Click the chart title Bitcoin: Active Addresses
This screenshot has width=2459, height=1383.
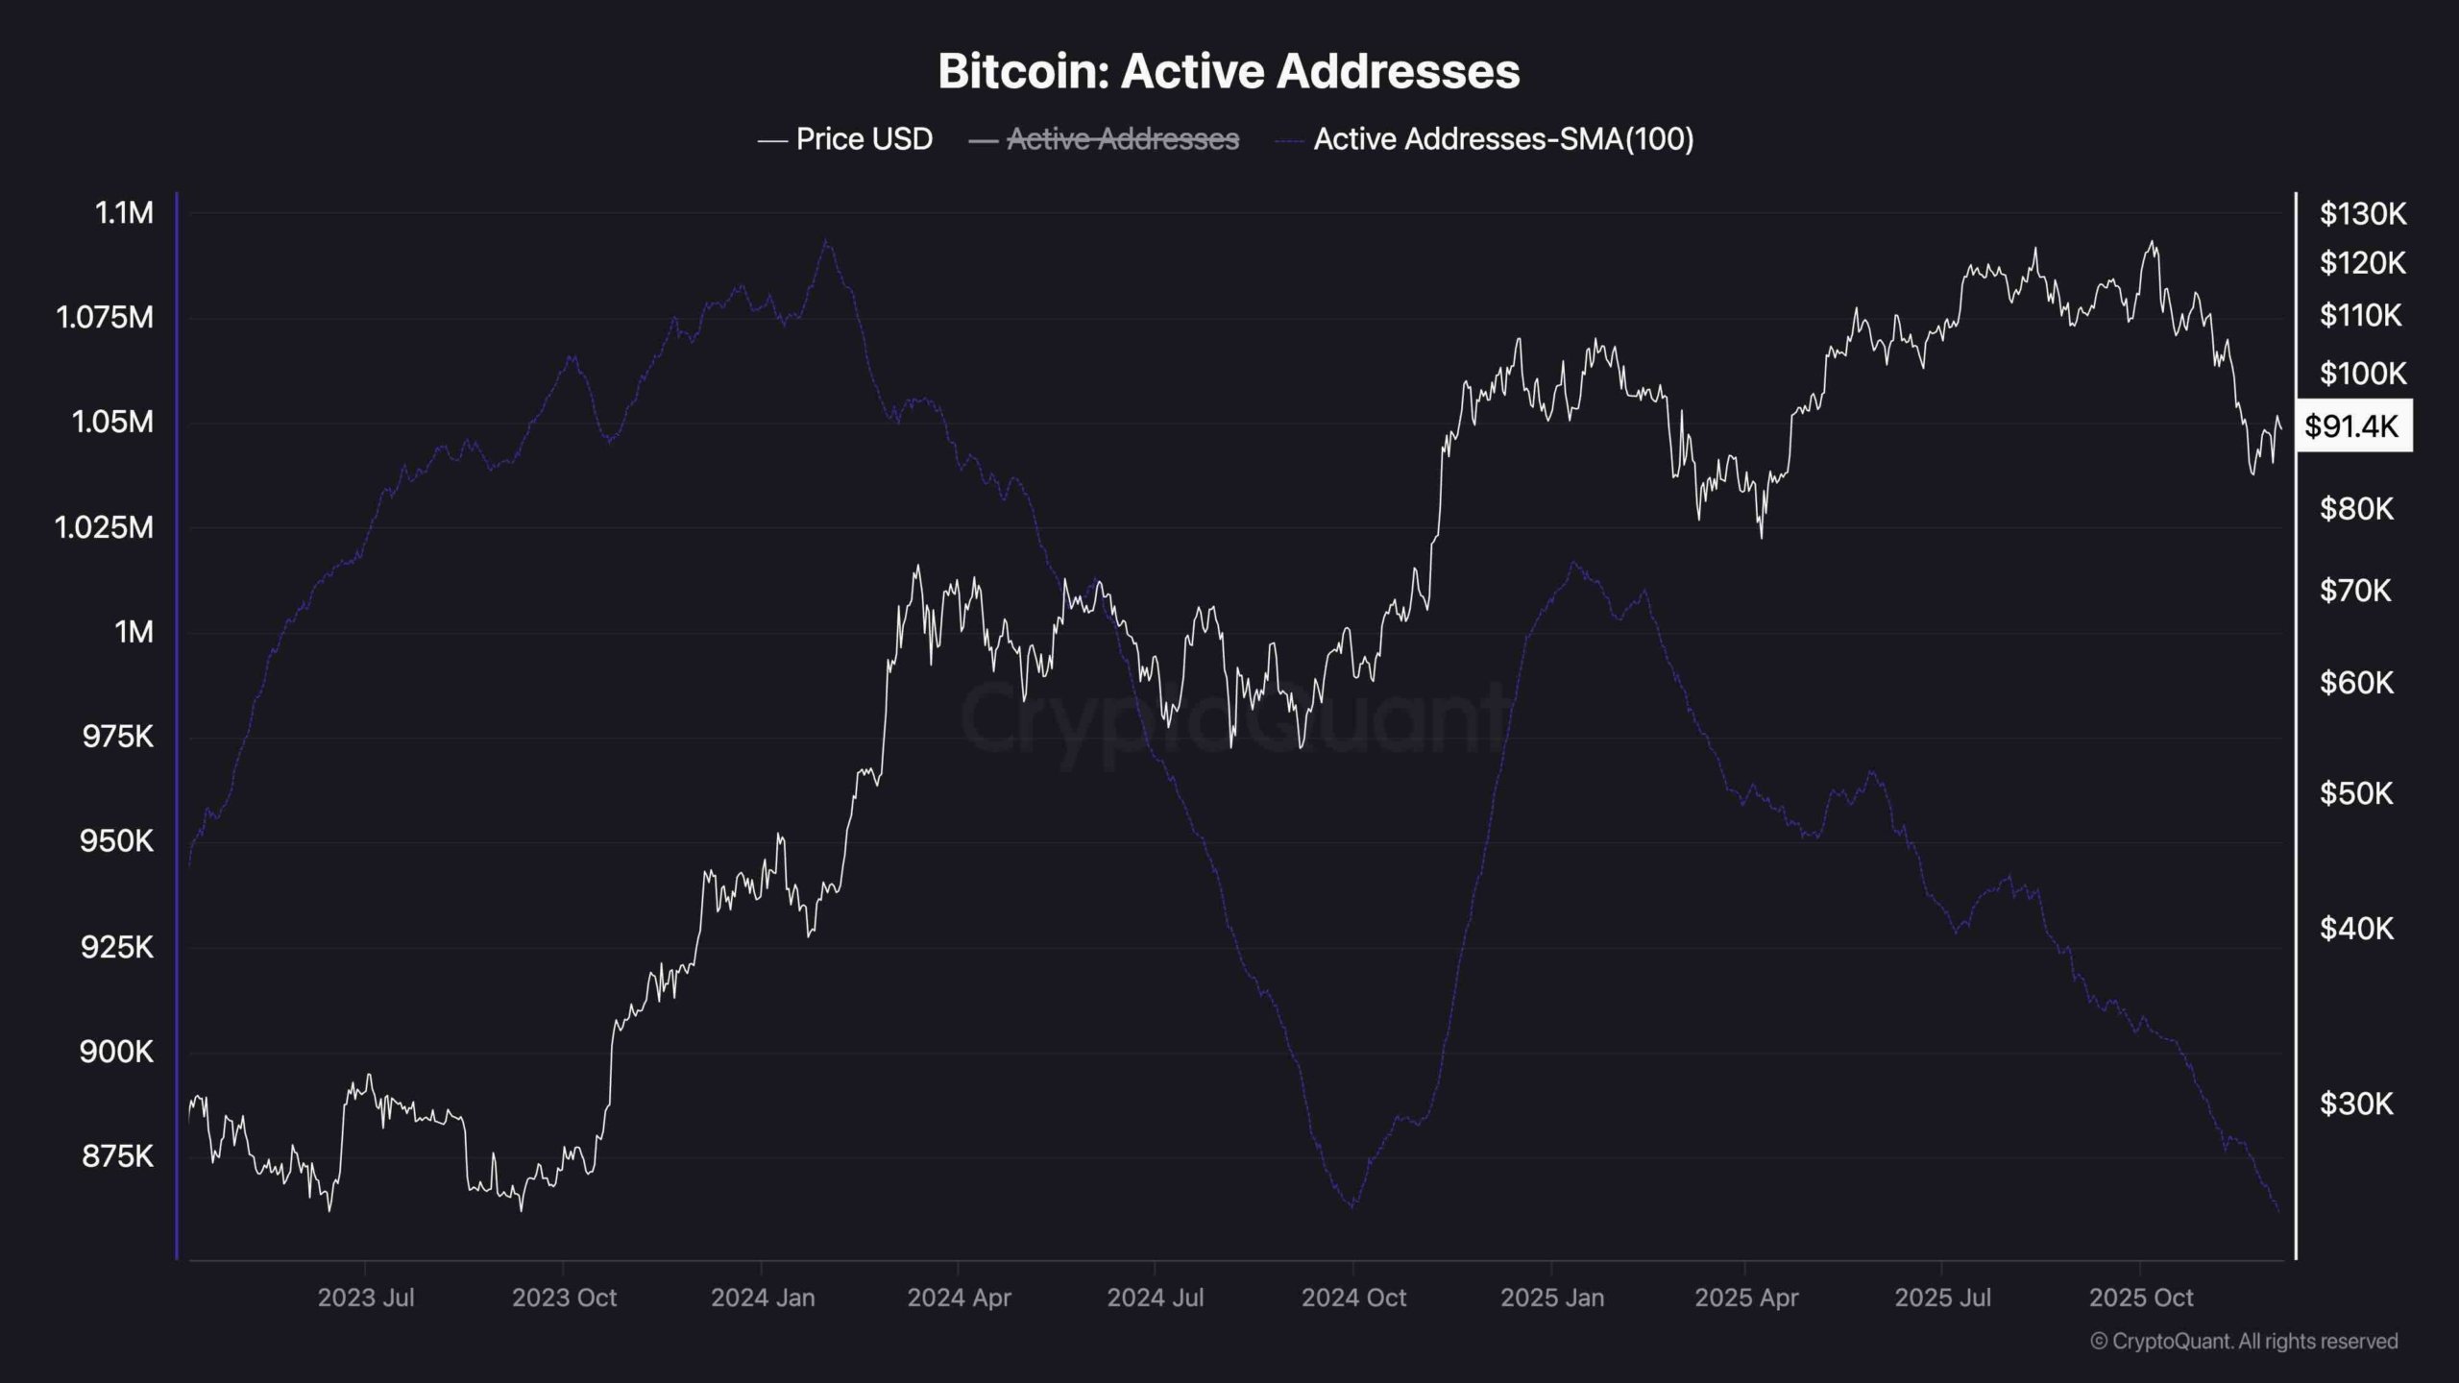(x=1229, y=71)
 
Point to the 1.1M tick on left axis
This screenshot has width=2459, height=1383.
(x=124, y=212)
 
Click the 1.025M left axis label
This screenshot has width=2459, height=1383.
(x=104, y=527)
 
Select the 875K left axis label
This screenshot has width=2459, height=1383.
(x=117, y=1155)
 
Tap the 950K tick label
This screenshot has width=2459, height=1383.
(x=117, y=841)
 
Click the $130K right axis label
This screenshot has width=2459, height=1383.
(x=2363, y=213)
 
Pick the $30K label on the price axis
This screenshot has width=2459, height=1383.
(x=2356, y=1104)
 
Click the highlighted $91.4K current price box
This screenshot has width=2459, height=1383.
(x=2351, y=425)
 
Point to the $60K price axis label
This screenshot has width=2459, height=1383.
(x=2356, y=683)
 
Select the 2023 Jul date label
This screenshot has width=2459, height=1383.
(x=366, y=1298)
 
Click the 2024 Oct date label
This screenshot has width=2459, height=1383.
(x=1353, y=1298)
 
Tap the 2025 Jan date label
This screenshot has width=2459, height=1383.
(x=1552, y=1298)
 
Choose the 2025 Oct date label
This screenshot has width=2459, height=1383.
(x=2141, y=1298)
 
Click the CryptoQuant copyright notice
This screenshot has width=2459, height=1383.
(x=2244, y=1341)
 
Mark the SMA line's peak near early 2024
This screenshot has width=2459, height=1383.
(x=825, y=241)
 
